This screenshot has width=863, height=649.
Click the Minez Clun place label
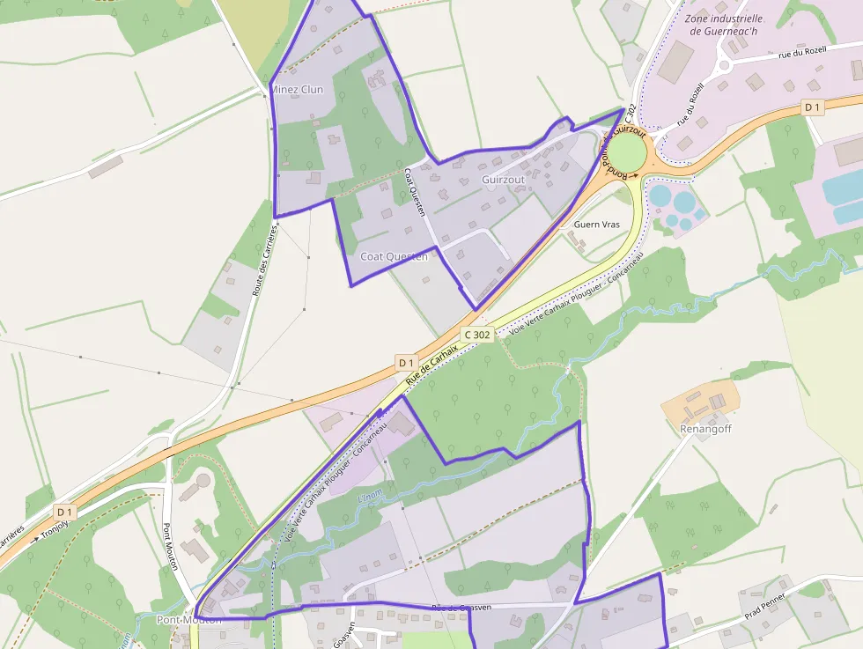298,90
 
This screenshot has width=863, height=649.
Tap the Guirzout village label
503,180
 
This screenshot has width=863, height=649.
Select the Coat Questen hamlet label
394,256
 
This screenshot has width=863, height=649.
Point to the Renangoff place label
705,429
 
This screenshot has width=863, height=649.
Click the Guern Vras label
597,225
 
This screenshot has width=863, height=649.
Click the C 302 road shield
476,335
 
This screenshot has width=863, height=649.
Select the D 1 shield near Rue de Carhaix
405,362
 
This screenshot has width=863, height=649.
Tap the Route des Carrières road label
264,260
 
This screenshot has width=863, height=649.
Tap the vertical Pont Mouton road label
171,547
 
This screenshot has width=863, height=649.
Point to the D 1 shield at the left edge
64,512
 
